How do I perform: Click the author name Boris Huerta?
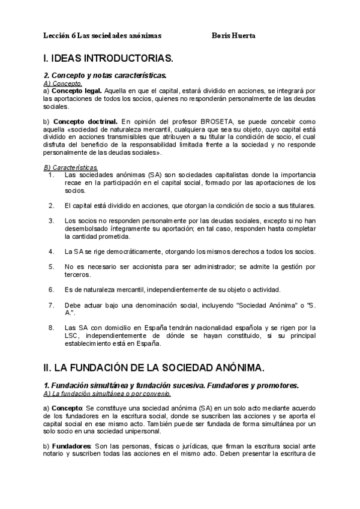(234, 35)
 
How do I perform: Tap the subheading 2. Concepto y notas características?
(105, 76)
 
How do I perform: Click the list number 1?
(50, 175)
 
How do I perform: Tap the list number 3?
(51, 220)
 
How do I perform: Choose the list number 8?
(51, 328)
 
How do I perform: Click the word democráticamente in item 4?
(124, 251)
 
